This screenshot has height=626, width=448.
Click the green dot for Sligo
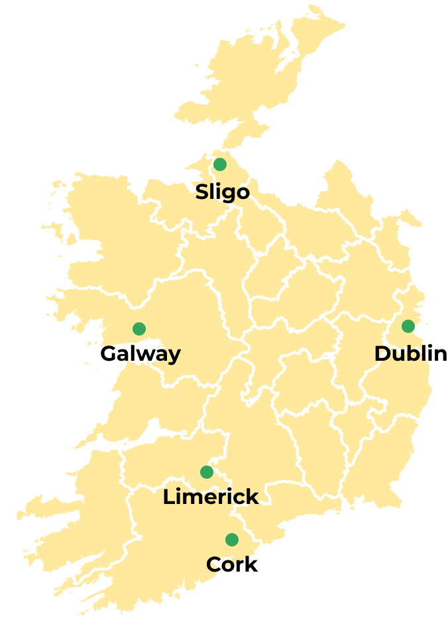[220, 164]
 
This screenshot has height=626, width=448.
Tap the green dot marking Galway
[139, 329]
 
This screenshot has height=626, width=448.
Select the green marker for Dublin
[408, 326]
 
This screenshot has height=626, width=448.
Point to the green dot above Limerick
[207, 472]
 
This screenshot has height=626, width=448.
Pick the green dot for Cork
[232, 540]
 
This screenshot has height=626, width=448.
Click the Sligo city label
[222, 192]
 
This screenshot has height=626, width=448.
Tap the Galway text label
[140, 353]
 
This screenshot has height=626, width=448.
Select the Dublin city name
[410, 353]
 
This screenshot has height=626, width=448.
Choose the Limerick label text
[211, 497]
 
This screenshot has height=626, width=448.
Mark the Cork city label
[232, 564]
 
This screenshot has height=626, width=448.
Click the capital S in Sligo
[202, 192]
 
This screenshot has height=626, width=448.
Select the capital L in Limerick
[169, 497]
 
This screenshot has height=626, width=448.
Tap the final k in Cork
[251, 564]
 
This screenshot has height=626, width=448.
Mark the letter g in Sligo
[229, 194]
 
